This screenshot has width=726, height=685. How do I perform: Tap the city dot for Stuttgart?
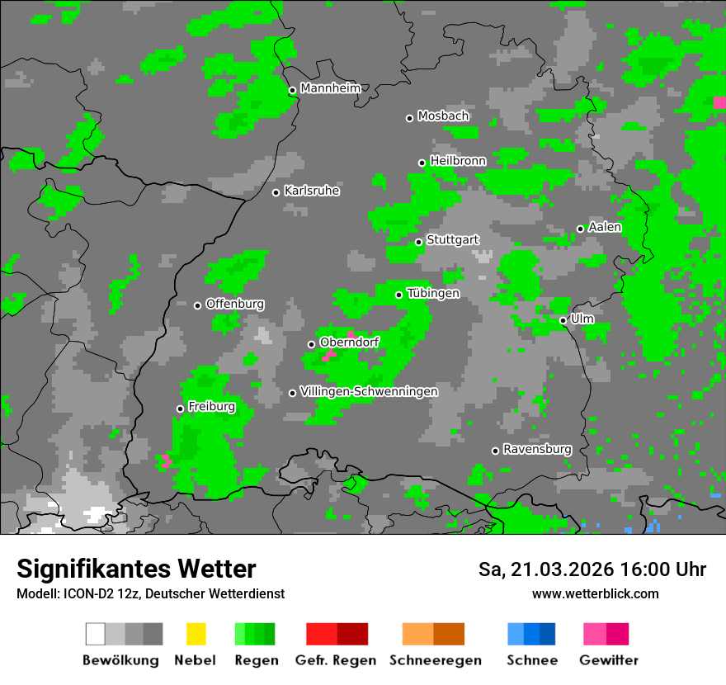point(419,242)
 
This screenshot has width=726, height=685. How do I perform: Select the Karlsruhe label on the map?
point(312,191)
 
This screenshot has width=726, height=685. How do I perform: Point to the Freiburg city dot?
point(180,409)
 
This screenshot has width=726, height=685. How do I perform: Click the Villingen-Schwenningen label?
point(369,391)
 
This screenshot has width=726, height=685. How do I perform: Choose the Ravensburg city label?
point(537,449)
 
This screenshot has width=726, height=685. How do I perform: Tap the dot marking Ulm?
point(563,320)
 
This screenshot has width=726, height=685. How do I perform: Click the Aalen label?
point(605,227)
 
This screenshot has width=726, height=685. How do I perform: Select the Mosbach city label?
point(443,116)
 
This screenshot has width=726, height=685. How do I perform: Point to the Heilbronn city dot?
point(422,163)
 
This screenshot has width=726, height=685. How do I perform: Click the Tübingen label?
point(433,293)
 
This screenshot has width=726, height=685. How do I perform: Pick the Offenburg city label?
point(235,304)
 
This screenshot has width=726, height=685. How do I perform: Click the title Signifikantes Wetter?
point(136,569)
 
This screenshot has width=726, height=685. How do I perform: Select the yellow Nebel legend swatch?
point(196,634)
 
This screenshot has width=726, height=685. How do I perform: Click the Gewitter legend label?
point(609,660)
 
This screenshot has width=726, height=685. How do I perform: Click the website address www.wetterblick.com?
point(595,593)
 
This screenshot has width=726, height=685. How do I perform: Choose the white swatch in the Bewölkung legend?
point(96,634)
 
